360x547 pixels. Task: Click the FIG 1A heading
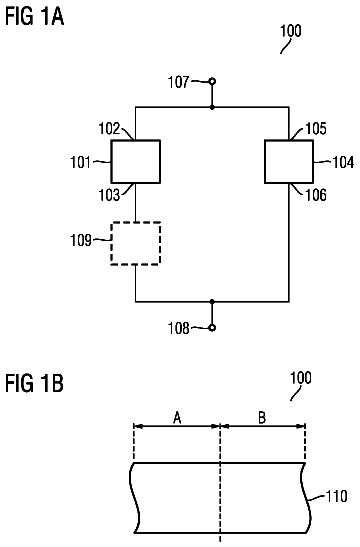point(35,16)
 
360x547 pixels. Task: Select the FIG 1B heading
point(35,383)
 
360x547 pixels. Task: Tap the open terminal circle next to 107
point(212,82)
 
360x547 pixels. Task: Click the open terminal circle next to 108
point(212,328)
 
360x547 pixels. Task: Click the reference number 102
point(109,128)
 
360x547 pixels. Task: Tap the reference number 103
point(109,195)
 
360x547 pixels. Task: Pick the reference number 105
point(316,128)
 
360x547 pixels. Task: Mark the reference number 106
point(316,195)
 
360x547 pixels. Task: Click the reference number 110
point(336,496)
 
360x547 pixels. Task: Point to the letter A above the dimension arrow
point(177,417)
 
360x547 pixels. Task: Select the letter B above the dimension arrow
point(262,417)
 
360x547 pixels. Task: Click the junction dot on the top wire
point(212,107)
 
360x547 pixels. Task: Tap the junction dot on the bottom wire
point(212,301)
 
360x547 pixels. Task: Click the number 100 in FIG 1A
point(291,31)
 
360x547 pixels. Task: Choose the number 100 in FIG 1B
point(301,378)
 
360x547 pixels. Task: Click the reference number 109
point(81,240)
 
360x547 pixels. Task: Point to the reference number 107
point(179,82)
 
